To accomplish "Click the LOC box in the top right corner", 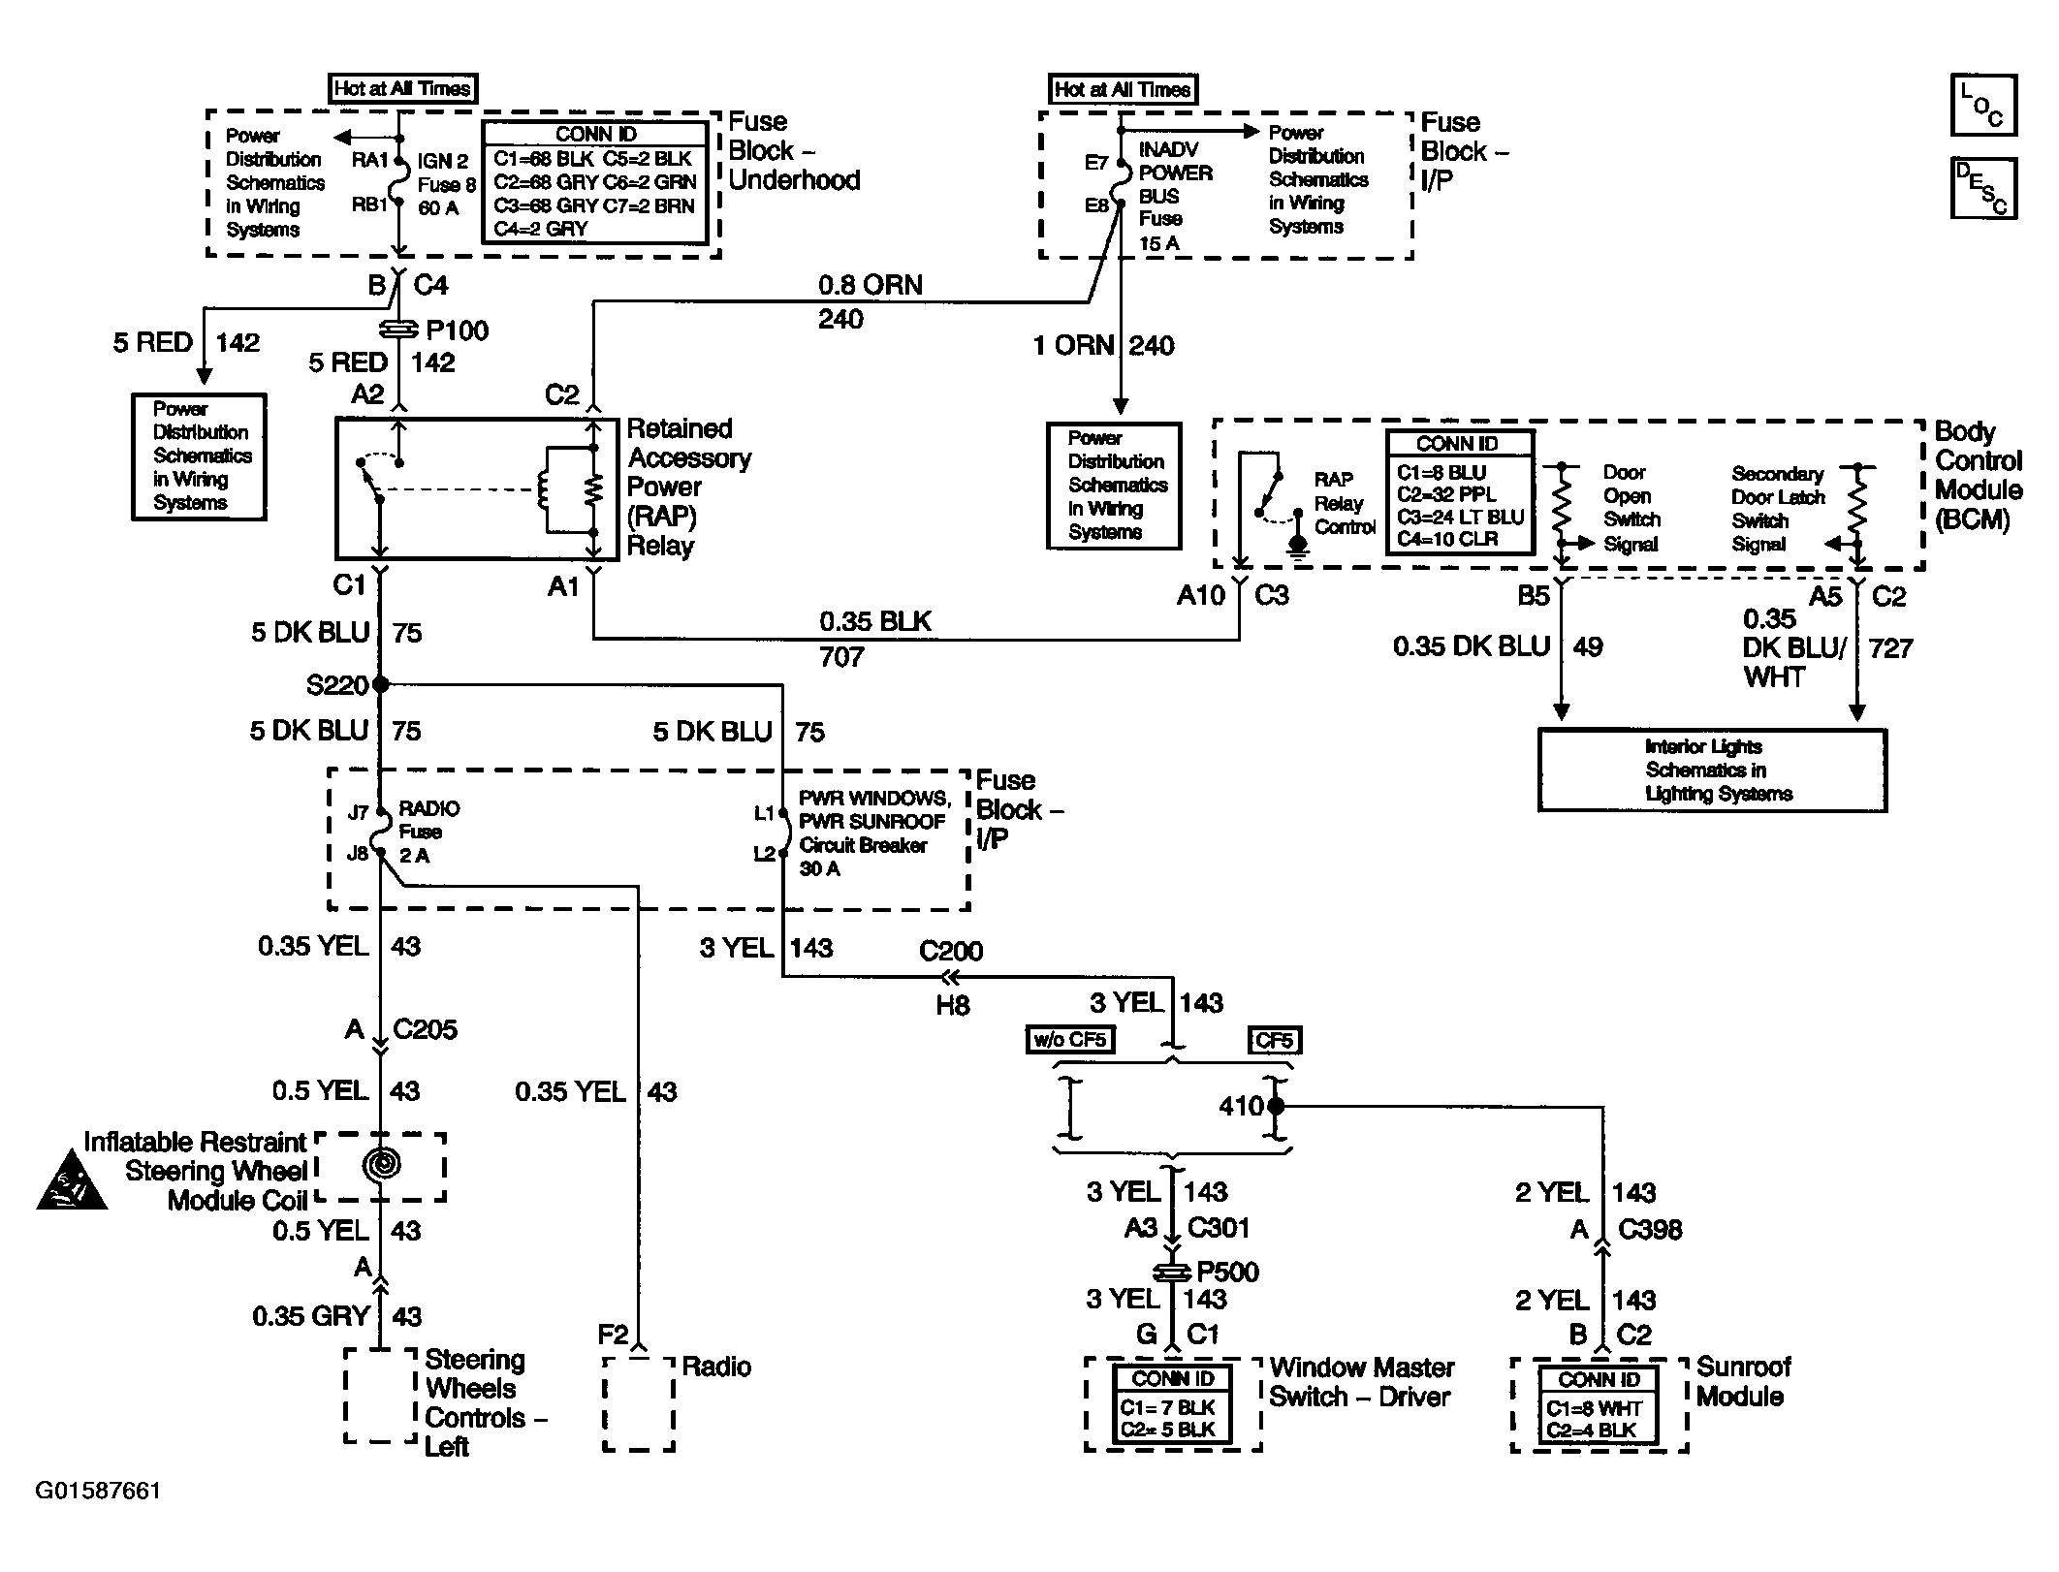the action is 1983,105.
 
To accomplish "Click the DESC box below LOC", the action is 1983,188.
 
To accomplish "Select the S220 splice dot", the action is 381,684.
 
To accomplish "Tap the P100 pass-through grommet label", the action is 457,330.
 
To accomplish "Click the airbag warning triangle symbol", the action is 72,1182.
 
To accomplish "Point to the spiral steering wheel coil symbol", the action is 381,1164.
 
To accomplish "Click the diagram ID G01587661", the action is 98,1491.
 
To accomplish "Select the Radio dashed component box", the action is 638,1403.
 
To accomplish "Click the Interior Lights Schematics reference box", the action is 1712,770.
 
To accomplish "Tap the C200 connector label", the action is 950,951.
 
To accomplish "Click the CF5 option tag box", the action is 1274,1040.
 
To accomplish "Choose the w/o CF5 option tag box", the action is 1070,1040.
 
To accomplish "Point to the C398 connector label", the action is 1650,1229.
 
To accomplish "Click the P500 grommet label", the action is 1227,1272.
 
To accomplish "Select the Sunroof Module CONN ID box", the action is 1599,1404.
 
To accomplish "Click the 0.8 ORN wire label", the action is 871,285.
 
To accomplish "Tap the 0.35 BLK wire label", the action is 875,621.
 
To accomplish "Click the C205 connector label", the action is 425,1029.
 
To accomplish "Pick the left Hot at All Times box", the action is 402,89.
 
